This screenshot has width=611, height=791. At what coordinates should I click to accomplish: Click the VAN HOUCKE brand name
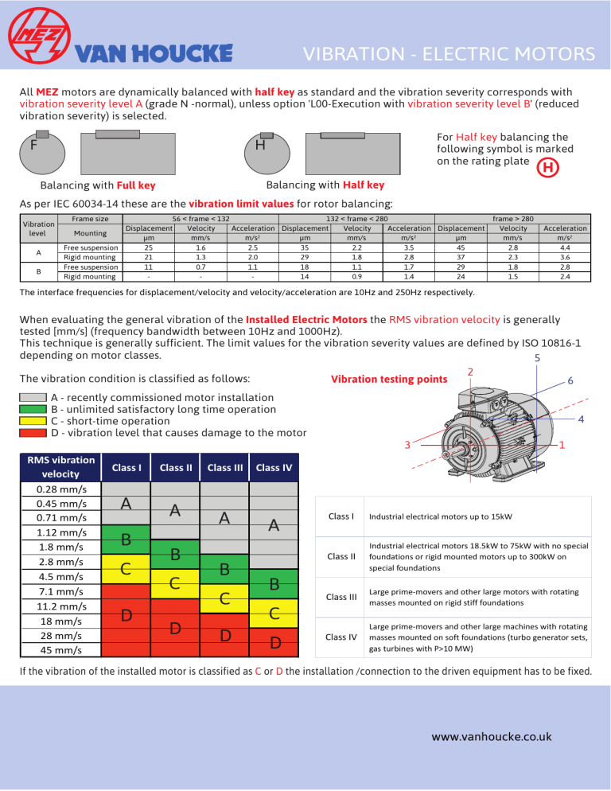pos(154,53)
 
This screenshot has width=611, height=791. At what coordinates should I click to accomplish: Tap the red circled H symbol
pos(546,168)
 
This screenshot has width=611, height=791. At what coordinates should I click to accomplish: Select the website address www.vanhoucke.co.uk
pos(491,736)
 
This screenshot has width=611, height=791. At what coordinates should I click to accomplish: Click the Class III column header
pos(225,467)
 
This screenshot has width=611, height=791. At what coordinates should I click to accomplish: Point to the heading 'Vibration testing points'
pos(387,379)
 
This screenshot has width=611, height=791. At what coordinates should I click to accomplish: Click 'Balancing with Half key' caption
pos(325,185)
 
